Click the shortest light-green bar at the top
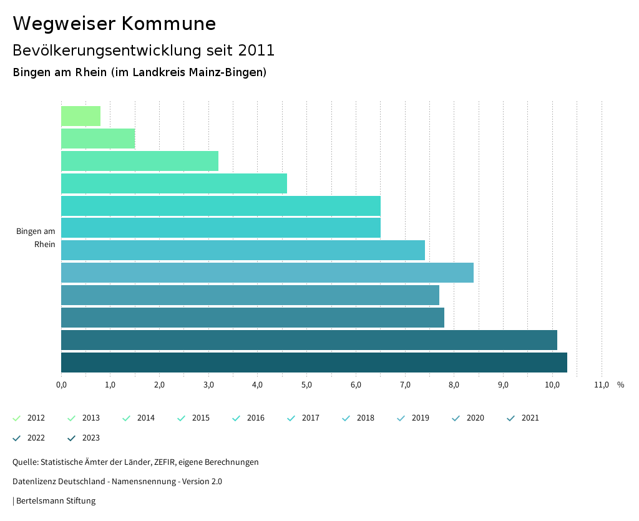tap(81, 116)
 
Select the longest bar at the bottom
tap(314, 363)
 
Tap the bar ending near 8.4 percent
tap(267, 273)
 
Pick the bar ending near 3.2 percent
tap(140, 161)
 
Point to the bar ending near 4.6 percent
tap(174, 183)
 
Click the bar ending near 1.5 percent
tap(98, 139)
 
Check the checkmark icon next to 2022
tap(17, 438)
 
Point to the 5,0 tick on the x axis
tap(306, 385)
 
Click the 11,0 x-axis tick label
tap(602, 385)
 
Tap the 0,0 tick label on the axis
tap(61, 385)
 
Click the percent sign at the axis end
tap(620, 385)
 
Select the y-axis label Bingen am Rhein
tap(36, 238)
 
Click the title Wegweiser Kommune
tap(114, 24)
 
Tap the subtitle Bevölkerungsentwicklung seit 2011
tap(144, 50)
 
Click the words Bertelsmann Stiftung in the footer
tap(56, 500)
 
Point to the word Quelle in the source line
tap(24, 462)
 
